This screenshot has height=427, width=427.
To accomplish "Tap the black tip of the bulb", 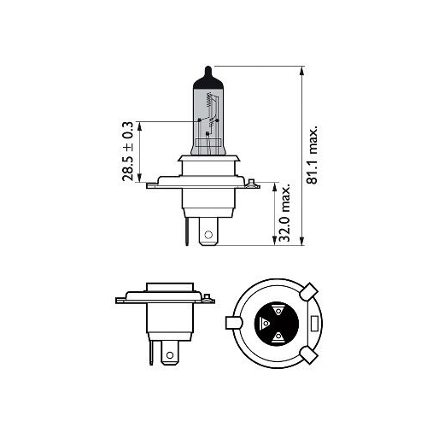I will click(x=208, y=77).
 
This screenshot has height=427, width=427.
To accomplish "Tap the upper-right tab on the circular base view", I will click(x=308, y=292).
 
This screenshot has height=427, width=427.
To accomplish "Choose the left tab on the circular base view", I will click(x=232, y=324).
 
